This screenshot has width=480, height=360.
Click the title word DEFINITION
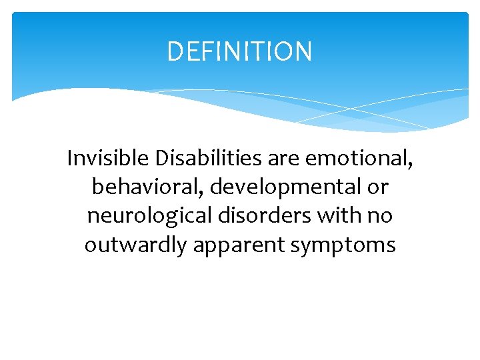(x=239, y=51)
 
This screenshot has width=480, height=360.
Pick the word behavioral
(x=147, y=187)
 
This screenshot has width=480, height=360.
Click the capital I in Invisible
(x=70, y=159)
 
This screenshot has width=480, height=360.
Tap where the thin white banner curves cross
(x=351, y=108)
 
